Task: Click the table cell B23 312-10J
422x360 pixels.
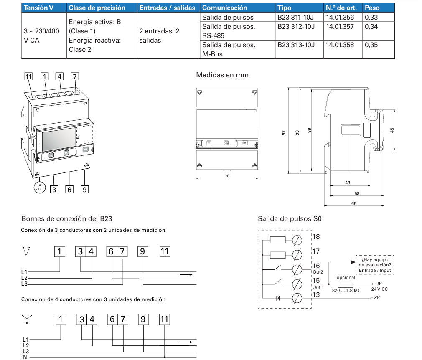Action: click(296, 27)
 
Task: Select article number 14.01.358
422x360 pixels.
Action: click(339, 45)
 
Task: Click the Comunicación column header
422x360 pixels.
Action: click(225, 8)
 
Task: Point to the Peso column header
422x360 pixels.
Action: click(372, 8)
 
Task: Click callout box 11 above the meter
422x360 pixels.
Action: click(28, 76)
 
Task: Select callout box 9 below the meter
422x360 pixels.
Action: click(84, 190)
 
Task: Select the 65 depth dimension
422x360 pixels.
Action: click(354, 203)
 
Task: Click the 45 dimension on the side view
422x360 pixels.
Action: click(392, 130)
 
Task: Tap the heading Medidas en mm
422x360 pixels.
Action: click(222, 75)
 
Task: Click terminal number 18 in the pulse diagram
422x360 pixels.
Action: click(316, 237)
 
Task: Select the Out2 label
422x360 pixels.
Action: click(318, 272)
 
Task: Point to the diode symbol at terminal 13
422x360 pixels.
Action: click(278, 298)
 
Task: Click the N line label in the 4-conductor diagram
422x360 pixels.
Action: click(25, 357)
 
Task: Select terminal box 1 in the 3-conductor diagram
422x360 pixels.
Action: click(61, 251)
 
